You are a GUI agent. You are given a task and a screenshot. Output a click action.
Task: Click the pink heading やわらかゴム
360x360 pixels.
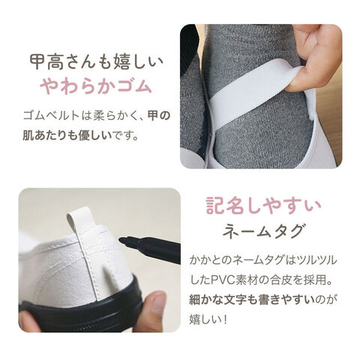click(x=96, y=86)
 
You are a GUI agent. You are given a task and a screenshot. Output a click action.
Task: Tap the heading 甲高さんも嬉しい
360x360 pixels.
click(x=97, y=62)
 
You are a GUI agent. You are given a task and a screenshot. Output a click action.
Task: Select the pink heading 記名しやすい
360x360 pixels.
click(x=263, y=206)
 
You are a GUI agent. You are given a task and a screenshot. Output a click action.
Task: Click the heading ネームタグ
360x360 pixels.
click(x=264, y=230)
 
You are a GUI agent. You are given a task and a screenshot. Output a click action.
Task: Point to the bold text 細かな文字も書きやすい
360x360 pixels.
click(x=252, y=300)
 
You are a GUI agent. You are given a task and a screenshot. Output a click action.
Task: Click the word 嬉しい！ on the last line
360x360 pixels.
click(x=208, y=319)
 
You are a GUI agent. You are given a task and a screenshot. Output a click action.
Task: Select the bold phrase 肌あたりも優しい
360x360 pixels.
click(x=67, y=136)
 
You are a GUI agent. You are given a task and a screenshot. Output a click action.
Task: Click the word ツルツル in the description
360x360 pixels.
click(x=316, y=260)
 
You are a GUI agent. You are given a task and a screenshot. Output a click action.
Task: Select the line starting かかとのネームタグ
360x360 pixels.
click(x=262, y=260)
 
